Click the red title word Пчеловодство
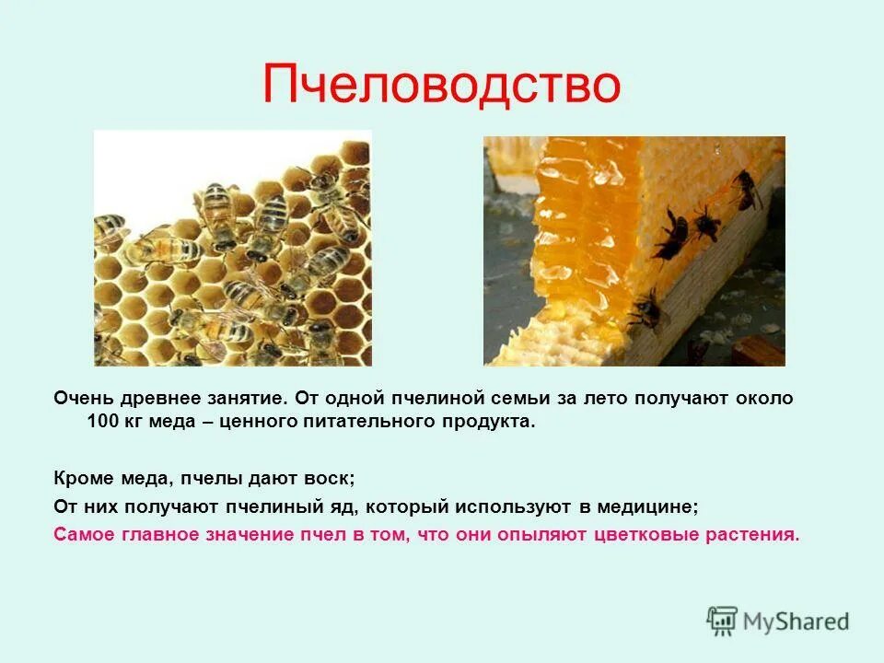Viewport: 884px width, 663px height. (441, 85)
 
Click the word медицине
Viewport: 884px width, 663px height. (646, 506)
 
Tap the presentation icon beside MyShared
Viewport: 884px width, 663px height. (722, 622)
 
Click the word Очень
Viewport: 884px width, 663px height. (81, 399)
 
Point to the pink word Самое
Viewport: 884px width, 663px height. (85, 534)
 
